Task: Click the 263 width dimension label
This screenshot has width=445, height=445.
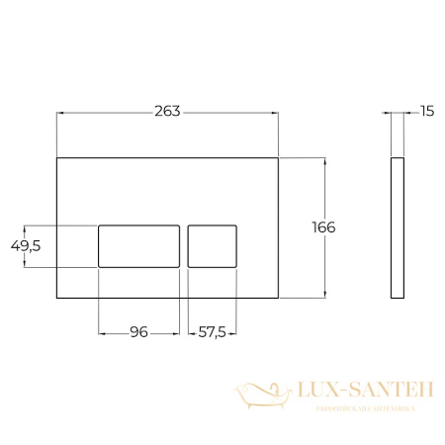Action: click(x=167, y=111)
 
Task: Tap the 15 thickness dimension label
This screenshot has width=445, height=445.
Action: click(x=426, y=111)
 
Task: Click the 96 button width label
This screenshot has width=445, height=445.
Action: click(x=138, y=332)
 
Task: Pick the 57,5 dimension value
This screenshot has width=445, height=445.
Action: click(x=213, y=332)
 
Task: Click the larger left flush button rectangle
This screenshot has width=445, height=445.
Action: click(x=138, y=245)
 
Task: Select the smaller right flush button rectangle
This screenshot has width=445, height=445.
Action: click(x=212, y=245)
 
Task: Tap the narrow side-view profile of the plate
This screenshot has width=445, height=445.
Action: click(x=397, y=226)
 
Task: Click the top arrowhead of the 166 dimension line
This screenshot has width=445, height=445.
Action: click(x=323, y=159)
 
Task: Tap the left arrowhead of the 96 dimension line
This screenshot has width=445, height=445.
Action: click(x=101, y=332)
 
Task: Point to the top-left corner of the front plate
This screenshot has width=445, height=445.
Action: click(x=57, y=156)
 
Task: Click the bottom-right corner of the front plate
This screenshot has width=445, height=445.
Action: click(x=279, y=296)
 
